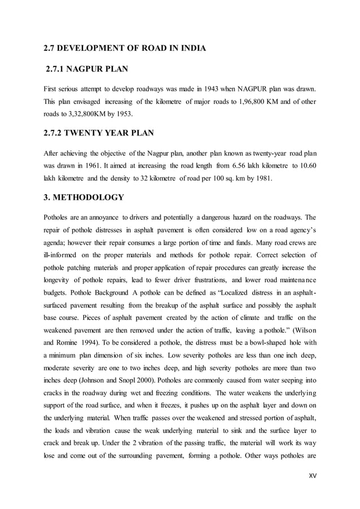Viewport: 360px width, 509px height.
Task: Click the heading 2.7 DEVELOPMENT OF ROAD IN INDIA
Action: click(x=125, y=48)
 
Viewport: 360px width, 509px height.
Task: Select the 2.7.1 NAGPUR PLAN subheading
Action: click(x=87, y=69)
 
